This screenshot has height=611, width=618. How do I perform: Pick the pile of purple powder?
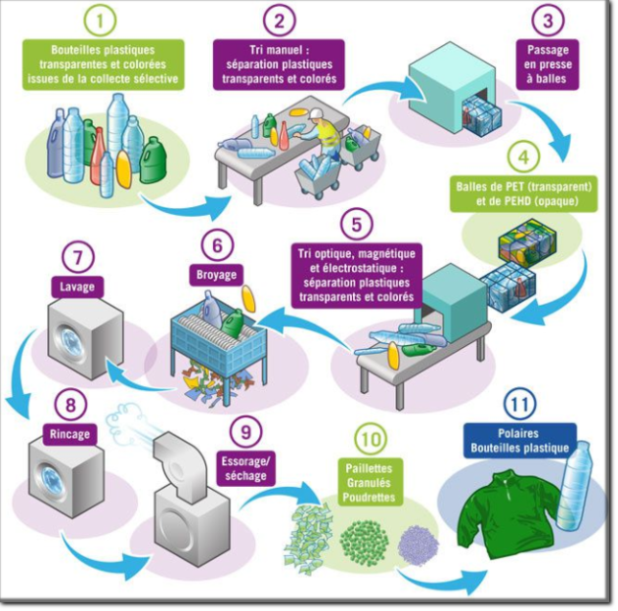[x=418, y=542]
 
